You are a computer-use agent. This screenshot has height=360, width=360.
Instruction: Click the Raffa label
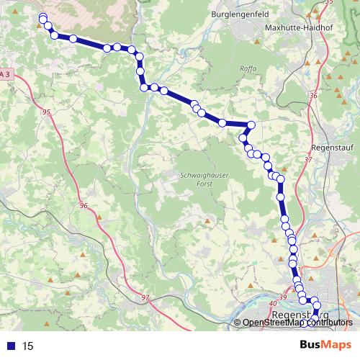248,69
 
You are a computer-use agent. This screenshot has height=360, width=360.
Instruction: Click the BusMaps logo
326,345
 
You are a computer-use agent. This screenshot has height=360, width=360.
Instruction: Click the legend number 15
28,346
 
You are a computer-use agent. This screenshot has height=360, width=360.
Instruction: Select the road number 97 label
145,297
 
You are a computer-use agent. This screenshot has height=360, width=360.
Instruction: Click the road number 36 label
312,95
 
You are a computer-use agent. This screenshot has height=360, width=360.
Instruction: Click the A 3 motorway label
6,74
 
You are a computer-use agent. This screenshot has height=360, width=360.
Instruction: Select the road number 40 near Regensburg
272,304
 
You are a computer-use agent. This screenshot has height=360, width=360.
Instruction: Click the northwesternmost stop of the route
43,17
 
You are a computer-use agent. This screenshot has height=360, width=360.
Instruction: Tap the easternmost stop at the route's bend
251,125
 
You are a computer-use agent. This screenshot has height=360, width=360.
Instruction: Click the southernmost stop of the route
315,313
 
